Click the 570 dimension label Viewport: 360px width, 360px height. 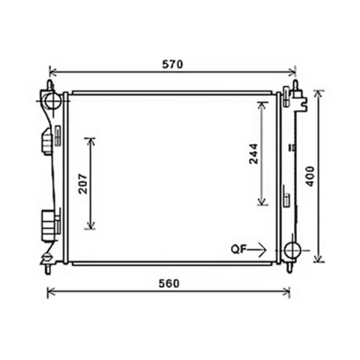[172, 64]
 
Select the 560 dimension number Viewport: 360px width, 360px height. [169, 283]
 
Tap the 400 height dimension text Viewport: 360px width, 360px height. [310, 176]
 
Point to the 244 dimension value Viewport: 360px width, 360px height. [253, 154]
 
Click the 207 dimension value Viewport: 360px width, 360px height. [83, 184]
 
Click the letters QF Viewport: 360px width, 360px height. [238, 250]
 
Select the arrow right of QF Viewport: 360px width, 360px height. [256, 250]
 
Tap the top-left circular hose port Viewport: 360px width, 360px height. [53, 101]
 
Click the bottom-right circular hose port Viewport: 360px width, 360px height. [292, 250]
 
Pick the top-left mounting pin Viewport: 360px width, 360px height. [50, 85]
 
